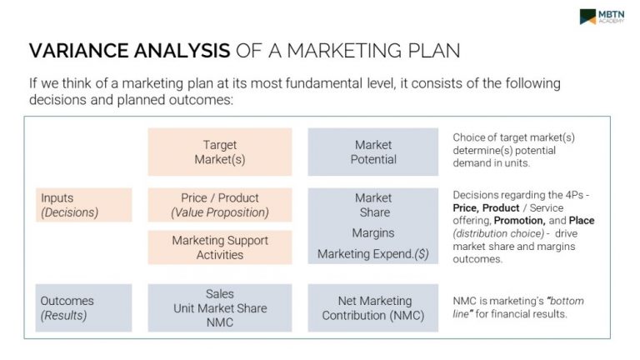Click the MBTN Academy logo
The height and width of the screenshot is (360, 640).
[x=602, y=17]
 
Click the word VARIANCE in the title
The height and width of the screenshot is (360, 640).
[x=79, y=51]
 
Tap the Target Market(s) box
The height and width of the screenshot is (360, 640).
[x=220, y=152]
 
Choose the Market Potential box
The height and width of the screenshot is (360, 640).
[x=373, y=152]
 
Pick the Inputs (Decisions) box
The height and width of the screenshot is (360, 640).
[x=83, y=205]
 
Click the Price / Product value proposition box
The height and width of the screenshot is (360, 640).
[x=220, y=205]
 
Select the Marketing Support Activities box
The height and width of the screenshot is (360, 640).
[x=220, y=247]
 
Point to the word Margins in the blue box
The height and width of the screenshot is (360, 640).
[x=373, y=233]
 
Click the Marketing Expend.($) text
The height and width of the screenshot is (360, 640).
[x=373, y=254]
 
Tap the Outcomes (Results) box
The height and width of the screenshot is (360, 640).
[x=83, y=307]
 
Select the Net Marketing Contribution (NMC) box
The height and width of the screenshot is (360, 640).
[x=373, y=307]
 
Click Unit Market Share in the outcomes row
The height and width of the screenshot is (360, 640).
[x=220, y=308]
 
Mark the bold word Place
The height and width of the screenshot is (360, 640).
[x=582, y=221]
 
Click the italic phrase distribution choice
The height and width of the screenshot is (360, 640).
[x=498, y=233]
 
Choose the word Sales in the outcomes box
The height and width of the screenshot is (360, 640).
[x=220, y=294]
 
